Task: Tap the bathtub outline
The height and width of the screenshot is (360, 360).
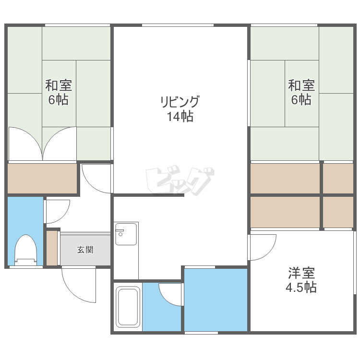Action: coord(128,307)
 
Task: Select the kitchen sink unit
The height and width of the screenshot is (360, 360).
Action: coord(126,234)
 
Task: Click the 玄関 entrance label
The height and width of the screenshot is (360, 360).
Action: coord(85,250)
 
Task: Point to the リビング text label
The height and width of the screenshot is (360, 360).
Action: coord(180,101)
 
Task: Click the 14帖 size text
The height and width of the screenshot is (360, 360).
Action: coord(180,116)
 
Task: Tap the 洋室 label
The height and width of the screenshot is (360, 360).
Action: coord(301,273)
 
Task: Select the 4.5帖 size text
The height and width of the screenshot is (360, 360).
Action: coord(301,287)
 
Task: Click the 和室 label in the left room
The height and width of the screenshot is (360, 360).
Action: coord(59,85)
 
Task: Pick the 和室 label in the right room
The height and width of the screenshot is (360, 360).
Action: coord(301,85)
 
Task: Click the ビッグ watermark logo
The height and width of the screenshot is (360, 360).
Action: coord(180,180)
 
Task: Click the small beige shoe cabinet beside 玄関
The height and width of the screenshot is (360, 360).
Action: coord(52,248)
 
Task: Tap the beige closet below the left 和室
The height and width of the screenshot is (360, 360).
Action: coord(42,179)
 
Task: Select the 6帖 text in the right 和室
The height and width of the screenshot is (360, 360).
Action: coord(301,100)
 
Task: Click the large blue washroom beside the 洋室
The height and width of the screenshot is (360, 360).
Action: coord(216,300)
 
